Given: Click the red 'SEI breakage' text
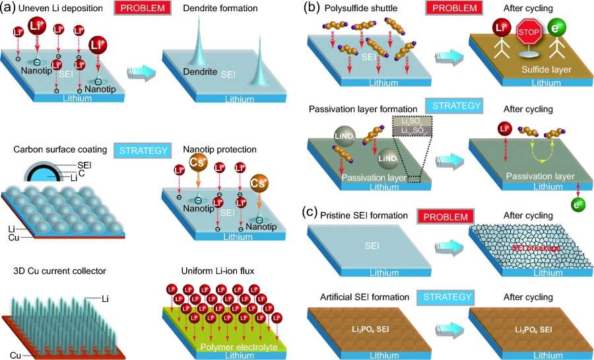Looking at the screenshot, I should pos(530,248).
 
